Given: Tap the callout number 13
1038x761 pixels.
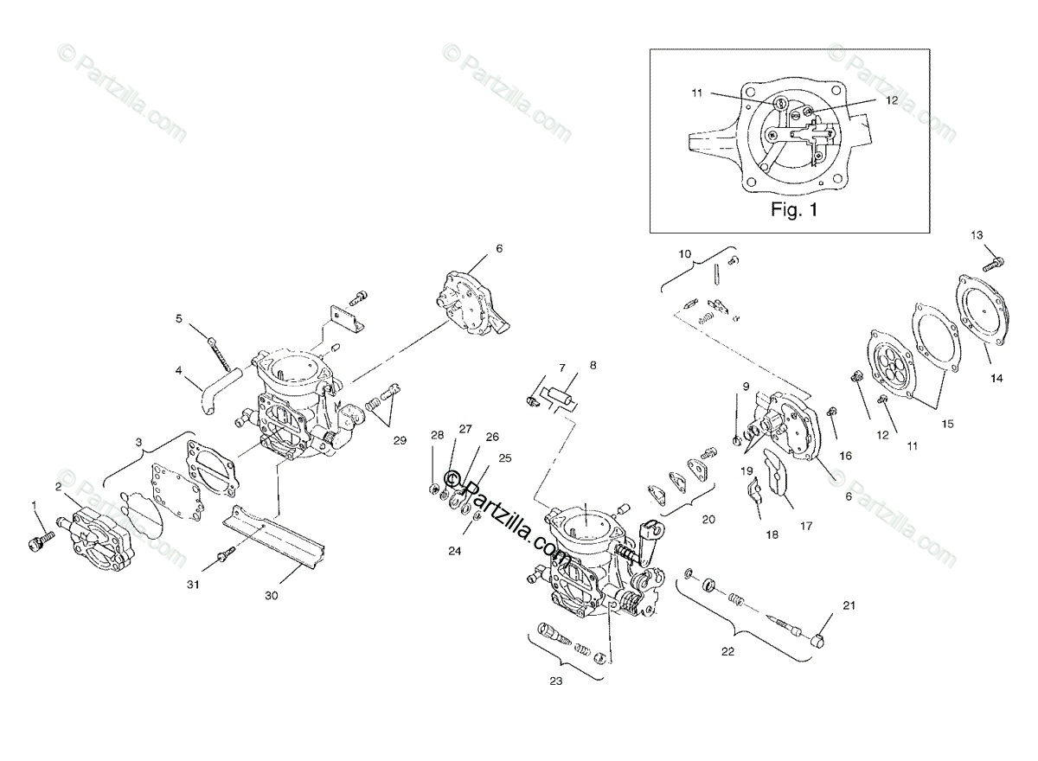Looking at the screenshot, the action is [977, 235].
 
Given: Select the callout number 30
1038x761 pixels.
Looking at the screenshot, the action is [272, 595].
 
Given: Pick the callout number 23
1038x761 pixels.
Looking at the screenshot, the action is [555, 681].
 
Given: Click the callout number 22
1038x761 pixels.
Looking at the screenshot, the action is [727, 651].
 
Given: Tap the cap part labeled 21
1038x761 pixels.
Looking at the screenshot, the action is [819, 641].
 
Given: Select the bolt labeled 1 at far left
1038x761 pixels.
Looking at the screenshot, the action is [38, 540].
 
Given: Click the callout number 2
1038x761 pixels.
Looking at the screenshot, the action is [58, 487].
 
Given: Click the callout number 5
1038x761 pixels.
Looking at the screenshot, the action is [179, 318].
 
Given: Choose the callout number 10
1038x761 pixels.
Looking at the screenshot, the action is [684, 254].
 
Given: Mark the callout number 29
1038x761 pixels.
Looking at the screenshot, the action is [399, 441].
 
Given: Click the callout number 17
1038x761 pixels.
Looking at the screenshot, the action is [806, 524].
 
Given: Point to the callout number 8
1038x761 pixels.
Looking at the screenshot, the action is [593, 365].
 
